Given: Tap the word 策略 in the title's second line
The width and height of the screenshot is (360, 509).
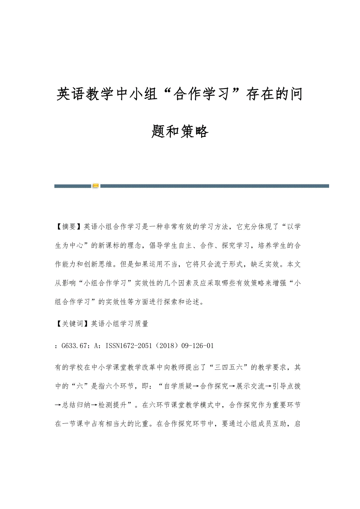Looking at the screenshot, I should pos(194,132).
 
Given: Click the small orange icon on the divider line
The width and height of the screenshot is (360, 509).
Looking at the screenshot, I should pos(96,186).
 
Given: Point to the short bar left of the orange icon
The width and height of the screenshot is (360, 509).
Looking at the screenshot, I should pos(72,186).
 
